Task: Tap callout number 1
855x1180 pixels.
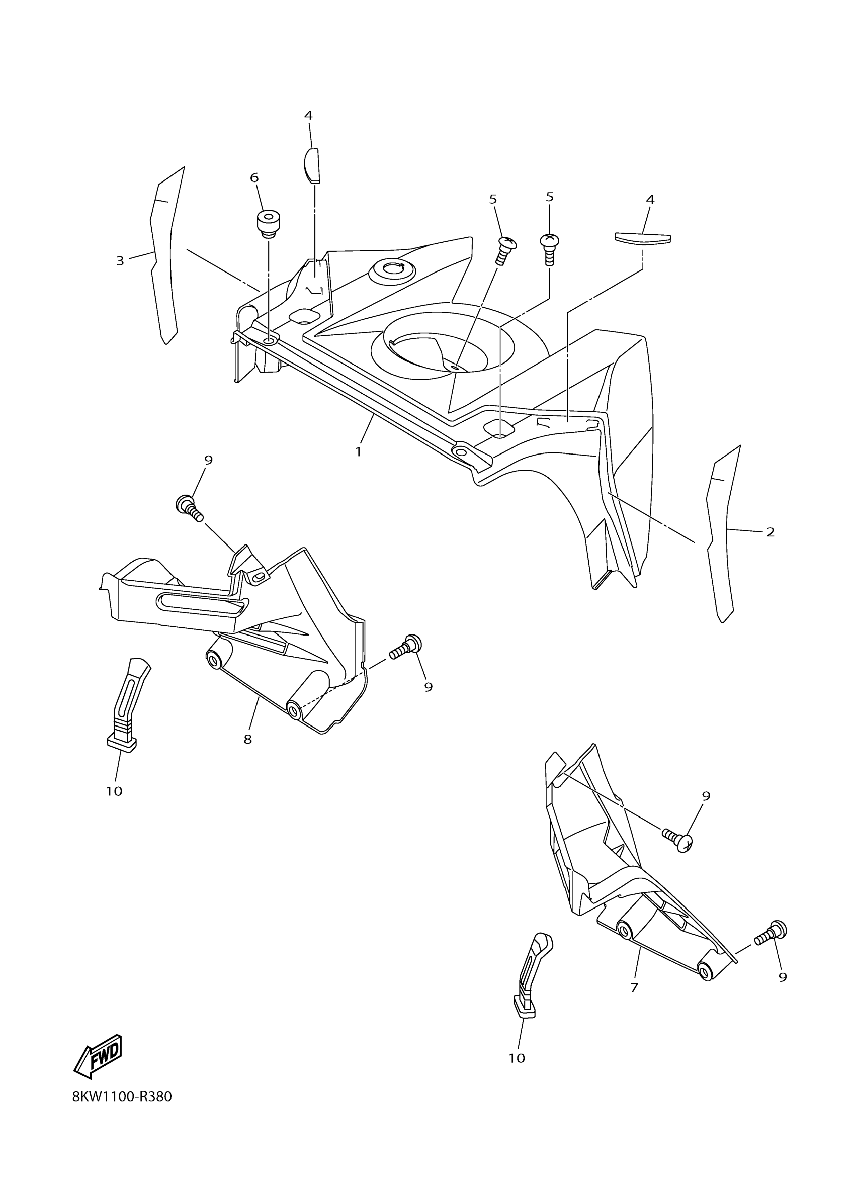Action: pos(358,451)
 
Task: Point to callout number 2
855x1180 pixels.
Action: pos(770,532)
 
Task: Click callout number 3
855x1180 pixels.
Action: pos(120,260)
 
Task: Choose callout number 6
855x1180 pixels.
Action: pos(254,178)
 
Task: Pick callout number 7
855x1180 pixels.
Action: pos(634,987)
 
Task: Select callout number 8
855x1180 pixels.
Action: pos(248,739)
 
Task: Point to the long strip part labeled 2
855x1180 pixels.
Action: pos(721,536)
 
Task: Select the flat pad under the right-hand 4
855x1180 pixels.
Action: pos(643,238)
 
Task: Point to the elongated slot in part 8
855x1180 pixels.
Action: pos(201,602)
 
